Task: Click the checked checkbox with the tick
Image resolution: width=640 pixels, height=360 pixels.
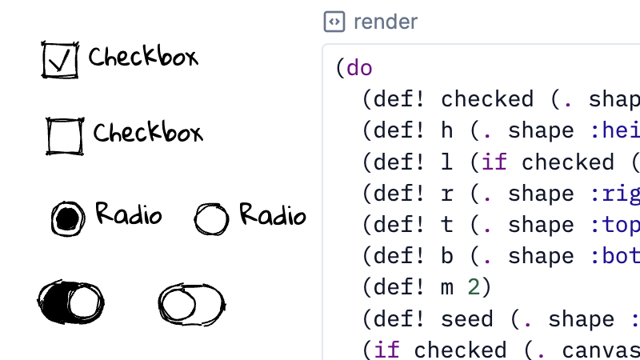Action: tap(61, 60)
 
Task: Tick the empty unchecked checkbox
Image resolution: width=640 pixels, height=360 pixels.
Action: tap(65, 135)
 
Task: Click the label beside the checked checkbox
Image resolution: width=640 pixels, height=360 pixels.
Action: tap(142, 57)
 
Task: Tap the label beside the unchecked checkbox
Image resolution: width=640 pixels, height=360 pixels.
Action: tap(148, 132)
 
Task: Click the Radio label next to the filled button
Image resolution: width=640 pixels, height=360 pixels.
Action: tap(128, 214)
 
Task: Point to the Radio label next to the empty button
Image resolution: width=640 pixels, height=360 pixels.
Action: tap(272, 215)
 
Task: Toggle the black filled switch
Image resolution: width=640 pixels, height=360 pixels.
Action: tap(71, 302)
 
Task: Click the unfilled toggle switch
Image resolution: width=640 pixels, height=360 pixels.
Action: tap(191, 303)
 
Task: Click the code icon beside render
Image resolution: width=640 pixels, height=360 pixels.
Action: tap(334, 22)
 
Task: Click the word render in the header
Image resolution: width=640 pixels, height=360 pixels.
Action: tap(386, 22)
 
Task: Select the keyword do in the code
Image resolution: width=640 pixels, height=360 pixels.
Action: tap(359, 68)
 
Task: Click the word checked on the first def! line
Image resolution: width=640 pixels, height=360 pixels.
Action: tap(487, 99)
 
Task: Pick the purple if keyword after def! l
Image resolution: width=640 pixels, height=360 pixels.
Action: tap(494, 162)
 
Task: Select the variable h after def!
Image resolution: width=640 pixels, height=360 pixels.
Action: tap(446, 130)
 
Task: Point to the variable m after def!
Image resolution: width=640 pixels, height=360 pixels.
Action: tap(446, 287)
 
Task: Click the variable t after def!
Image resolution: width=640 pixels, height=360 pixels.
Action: tap(446, 225)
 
